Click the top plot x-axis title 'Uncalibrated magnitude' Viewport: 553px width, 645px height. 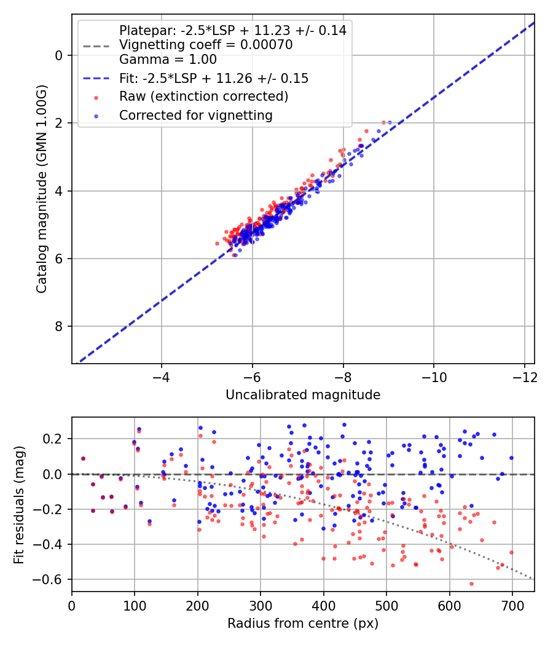pos(303,395)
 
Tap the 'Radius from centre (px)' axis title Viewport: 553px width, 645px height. pos(303,623)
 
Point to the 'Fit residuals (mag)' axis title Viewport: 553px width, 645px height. pos(20,504)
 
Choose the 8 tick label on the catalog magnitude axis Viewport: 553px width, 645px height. pos(60,326)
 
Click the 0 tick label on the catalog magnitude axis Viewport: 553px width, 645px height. pos(60,56)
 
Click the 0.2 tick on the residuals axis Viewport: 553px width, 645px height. pos(55,439)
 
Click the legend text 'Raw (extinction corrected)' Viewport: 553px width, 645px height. pos(203,96)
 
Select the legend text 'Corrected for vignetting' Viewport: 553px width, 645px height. pos(195,115)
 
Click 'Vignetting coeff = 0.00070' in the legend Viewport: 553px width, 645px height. pos(205,45)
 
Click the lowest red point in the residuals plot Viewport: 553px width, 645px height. pos(471,584)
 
